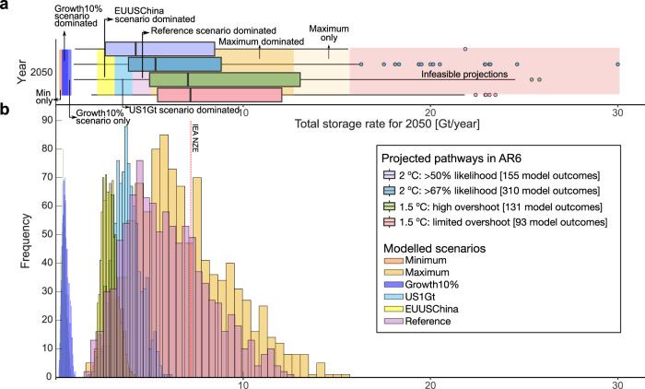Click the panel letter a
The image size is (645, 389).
6,7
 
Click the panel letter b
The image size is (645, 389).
6,110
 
